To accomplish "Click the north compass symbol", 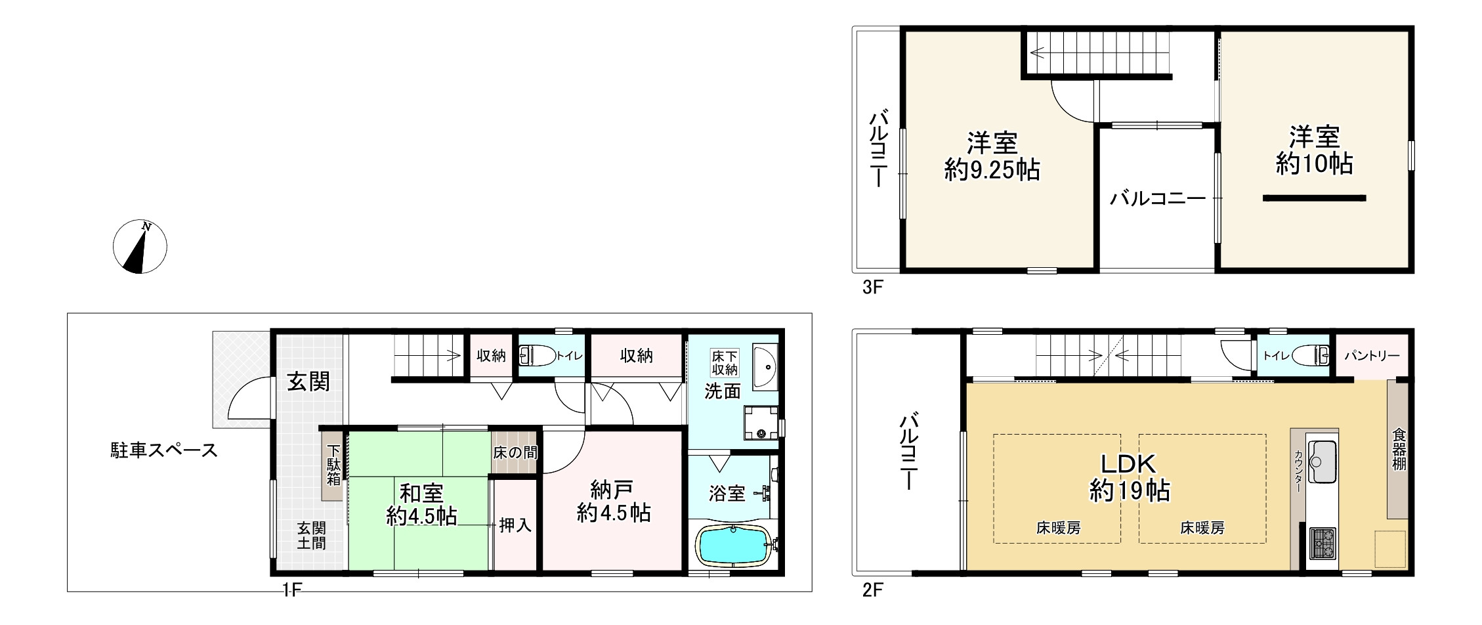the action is [x=140, y=247].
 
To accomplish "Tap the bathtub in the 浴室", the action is [x=734, y=545].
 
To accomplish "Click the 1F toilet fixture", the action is [x=537, y=356].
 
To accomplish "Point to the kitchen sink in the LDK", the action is [x=1322, y=460].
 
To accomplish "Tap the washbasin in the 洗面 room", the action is [x=765, y=366].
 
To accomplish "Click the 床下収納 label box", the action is [x=725, y=362].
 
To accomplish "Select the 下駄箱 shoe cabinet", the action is [x=333, y=465].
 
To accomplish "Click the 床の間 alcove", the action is [x=515, y=453].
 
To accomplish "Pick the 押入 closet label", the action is [x=515, y=525].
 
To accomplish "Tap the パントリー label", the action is [x=1372, y=356].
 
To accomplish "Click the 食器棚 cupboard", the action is [x=1398, y=450].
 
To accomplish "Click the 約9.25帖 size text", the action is [x=992, y=170].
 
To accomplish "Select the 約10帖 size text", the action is [x=1315, y=163].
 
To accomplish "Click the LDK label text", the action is [x=1128, y=464].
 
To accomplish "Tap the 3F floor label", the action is [x=872, y=288].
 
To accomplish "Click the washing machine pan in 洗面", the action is [x=760, y=423].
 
